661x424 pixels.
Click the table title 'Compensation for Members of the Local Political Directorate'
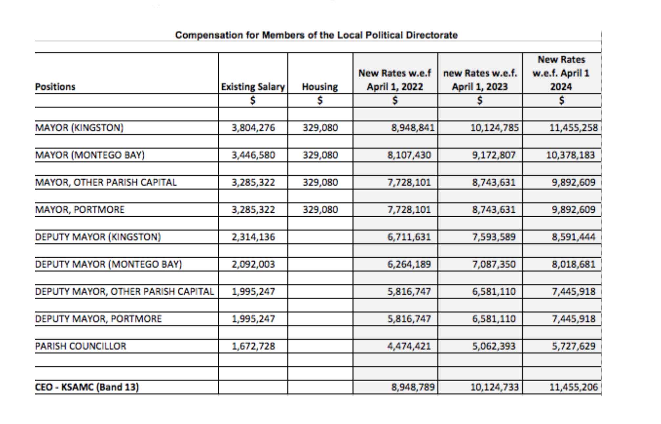tap(316, 35)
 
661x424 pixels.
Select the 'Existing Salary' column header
tap(253, 87)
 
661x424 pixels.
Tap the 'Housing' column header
tap(320, 87)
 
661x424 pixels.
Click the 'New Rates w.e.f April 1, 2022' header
tap(395, 80)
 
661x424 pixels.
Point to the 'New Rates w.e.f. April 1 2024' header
tap(561, 73)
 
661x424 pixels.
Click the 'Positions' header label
tap(55, 87)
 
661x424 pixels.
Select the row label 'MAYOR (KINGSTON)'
tap(79, 128)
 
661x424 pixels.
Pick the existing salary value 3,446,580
tap(253, 155)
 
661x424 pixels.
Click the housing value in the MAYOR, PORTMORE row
tap(320, 209)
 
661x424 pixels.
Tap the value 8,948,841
tap(413, 128)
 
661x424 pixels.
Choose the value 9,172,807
tap(494, 155)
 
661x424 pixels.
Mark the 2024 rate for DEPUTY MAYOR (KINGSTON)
tap(573, 237)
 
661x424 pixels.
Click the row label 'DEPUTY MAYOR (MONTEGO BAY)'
tap(108, 264)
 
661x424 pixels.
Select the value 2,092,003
tap(253, 264)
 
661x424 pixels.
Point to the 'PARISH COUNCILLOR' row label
tap(80, 346)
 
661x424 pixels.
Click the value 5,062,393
tap(494, 346)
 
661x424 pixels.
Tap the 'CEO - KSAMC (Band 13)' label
tap(87, 387)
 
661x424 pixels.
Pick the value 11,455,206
tap(573, 387)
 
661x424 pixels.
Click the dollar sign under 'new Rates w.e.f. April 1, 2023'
tap(480, 100)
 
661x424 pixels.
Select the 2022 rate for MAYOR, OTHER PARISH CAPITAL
tap(409, 182)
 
